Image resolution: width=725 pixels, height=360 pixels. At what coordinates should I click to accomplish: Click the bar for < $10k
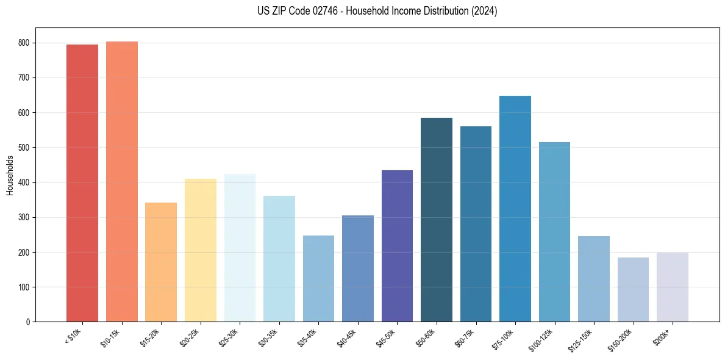(82, 183)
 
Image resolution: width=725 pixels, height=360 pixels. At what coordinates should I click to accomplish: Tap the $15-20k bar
(161, 262)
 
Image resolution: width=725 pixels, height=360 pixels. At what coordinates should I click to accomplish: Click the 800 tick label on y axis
(24, 43)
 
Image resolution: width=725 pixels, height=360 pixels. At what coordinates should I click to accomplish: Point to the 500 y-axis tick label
(24, 148)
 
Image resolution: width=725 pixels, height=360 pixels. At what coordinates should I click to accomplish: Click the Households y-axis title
(10, 175)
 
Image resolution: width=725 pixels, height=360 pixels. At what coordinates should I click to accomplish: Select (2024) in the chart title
(484, 11)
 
